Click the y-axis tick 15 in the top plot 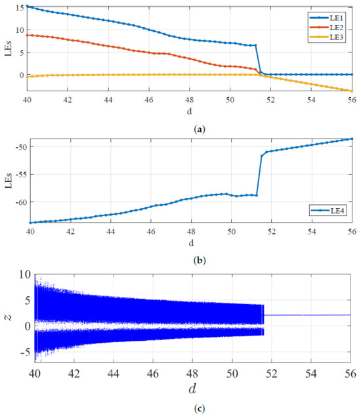[x=20, y=7]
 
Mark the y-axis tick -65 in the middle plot [x=18, y=223]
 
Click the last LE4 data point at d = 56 [x=352, y=139]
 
